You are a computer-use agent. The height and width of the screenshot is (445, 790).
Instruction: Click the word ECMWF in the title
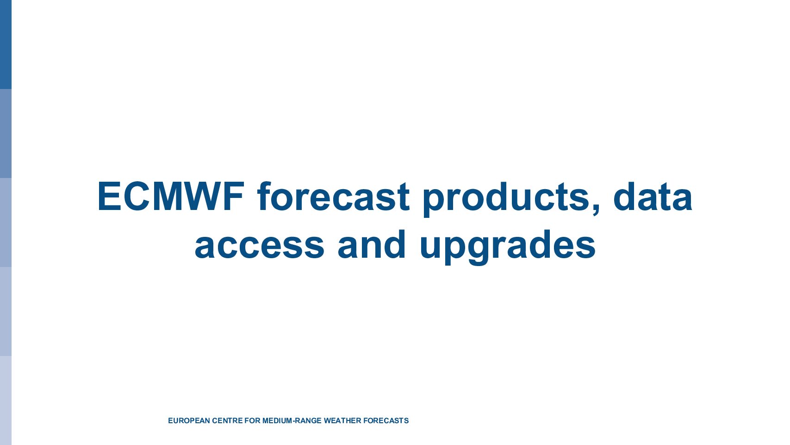[171, 197]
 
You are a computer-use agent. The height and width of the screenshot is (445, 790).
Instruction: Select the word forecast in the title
[333, 197]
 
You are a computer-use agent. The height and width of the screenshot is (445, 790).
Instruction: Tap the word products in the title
[506, 199]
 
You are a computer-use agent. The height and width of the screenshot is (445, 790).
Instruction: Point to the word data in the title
[653, 197]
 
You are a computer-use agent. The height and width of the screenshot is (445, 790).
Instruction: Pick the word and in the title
[371, 244]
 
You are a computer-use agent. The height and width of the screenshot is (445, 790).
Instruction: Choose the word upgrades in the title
[508, 247]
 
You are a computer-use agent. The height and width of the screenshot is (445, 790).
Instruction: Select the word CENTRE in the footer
[228, 420]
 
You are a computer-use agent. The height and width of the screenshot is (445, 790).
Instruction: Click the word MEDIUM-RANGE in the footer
[292, 420]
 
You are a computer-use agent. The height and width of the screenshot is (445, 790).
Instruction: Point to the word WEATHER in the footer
[342, 420]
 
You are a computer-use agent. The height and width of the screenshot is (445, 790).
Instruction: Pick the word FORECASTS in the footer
[386, 420]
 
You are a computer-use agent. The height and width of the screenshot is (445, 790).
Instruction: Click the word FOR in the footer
[252, 420]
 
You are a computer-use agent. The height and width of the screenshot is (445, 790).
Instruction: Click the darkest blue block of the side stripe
[6, 44]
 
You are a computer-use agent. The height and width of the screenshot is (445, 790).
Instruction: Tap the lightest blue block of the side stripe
[6, 400]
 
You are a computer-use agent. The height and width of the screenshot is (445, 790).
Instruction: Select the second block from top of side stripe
[6, 133]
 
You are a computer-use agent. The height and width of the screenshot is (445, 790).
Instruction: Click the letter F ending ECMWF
[233, 197]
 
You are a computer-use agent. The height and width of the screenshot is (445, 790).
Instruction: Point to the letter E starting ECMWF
[109, 197]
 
